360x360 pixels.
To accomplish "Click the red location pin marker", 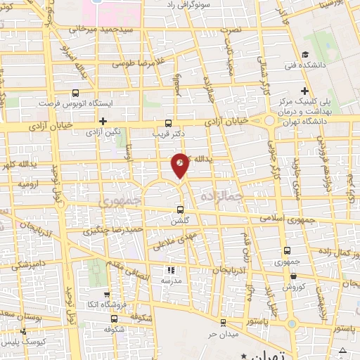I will (181, 165).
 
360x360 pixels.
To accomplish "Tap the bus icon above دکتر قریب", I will (167, 122).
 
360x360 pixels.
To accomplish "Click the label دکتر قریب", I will (168, 131).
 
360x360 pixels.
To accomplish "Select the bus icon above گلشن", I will (181, 210).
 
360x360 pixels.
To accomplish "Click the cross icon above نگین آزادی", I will (103, 121).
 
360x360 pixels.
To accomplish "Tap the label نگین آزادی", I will (103, 131).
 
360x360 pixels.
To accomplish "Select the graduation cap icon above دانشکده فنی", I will (304, 55).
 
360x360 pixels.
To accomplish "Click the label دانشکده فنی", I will (311, 65).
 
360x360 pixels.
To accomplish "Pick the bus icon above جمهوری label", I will (287, 250).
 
